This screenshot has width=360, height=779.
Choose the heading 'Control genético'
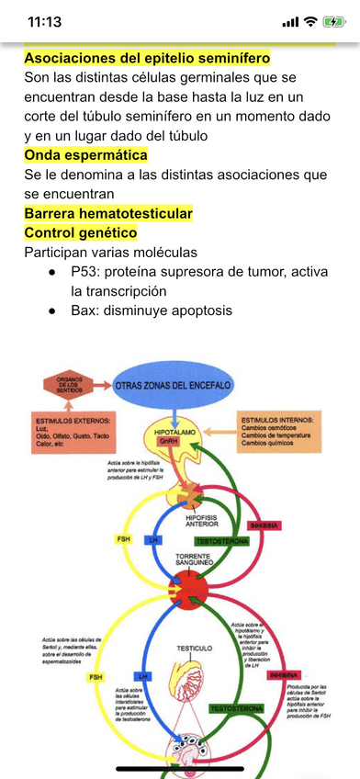click(80, 232)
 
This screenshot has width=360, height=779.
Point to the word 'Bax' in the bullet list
click(85, 310)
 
